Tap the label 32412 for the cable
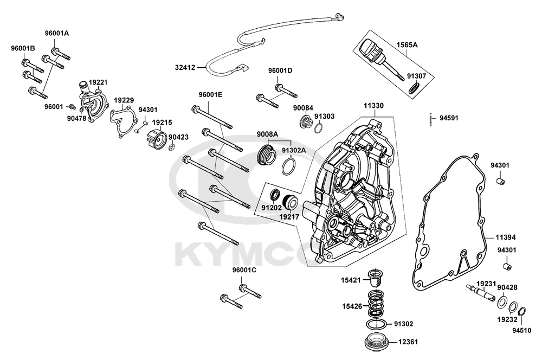(186, 68)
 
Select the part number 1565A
(406, 46)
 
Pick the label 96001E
(210, 94)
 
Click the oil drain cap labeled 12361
(376, 342)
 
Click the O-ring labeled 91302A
(289, 166)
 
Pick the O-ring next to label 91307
(415, 88)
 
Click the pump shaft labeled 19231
(481, 292)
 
